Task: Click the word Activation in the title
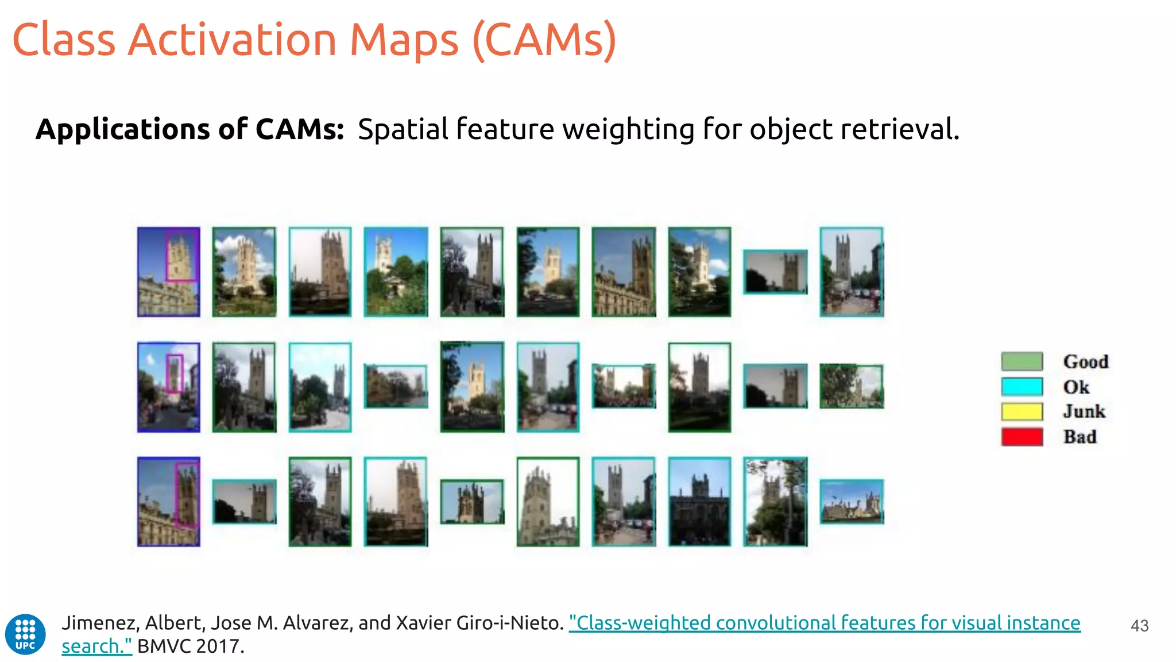232,40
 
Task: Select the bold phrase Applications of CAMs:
189,129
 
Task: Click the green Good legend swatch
1022,361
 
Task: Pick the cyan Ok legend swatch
1022,387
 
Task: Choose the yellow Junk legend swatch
1022,411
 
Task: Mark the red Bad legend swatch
1022,437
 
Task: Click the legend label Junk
1084,411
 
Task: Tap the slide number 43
1139,626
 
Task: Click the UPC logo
25,634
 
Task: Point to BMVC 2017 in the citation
191,646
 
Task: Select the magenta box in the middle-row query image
175,374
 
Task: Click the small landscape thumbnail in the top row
775,272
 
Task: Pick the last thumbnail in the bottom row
852,502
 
